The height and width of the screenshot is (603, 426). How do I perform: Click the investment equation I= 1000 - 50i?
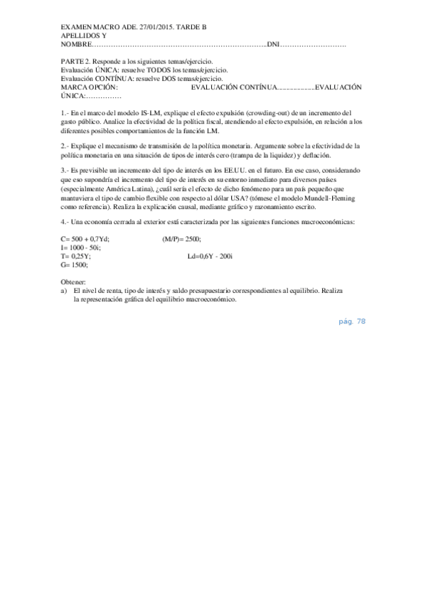click(x=81, y=247)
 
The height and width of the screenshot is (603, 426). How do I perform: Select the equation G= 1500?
click(x=75, y=265)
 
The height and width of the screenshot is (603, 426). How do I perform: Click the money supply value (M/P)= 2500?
click(x=182, y=239)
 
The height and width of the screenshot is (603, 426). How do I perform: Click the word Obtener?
click(x=74, y=282)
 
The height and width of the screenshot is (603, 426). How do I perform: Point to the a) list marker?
click(x=64, y=291)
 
